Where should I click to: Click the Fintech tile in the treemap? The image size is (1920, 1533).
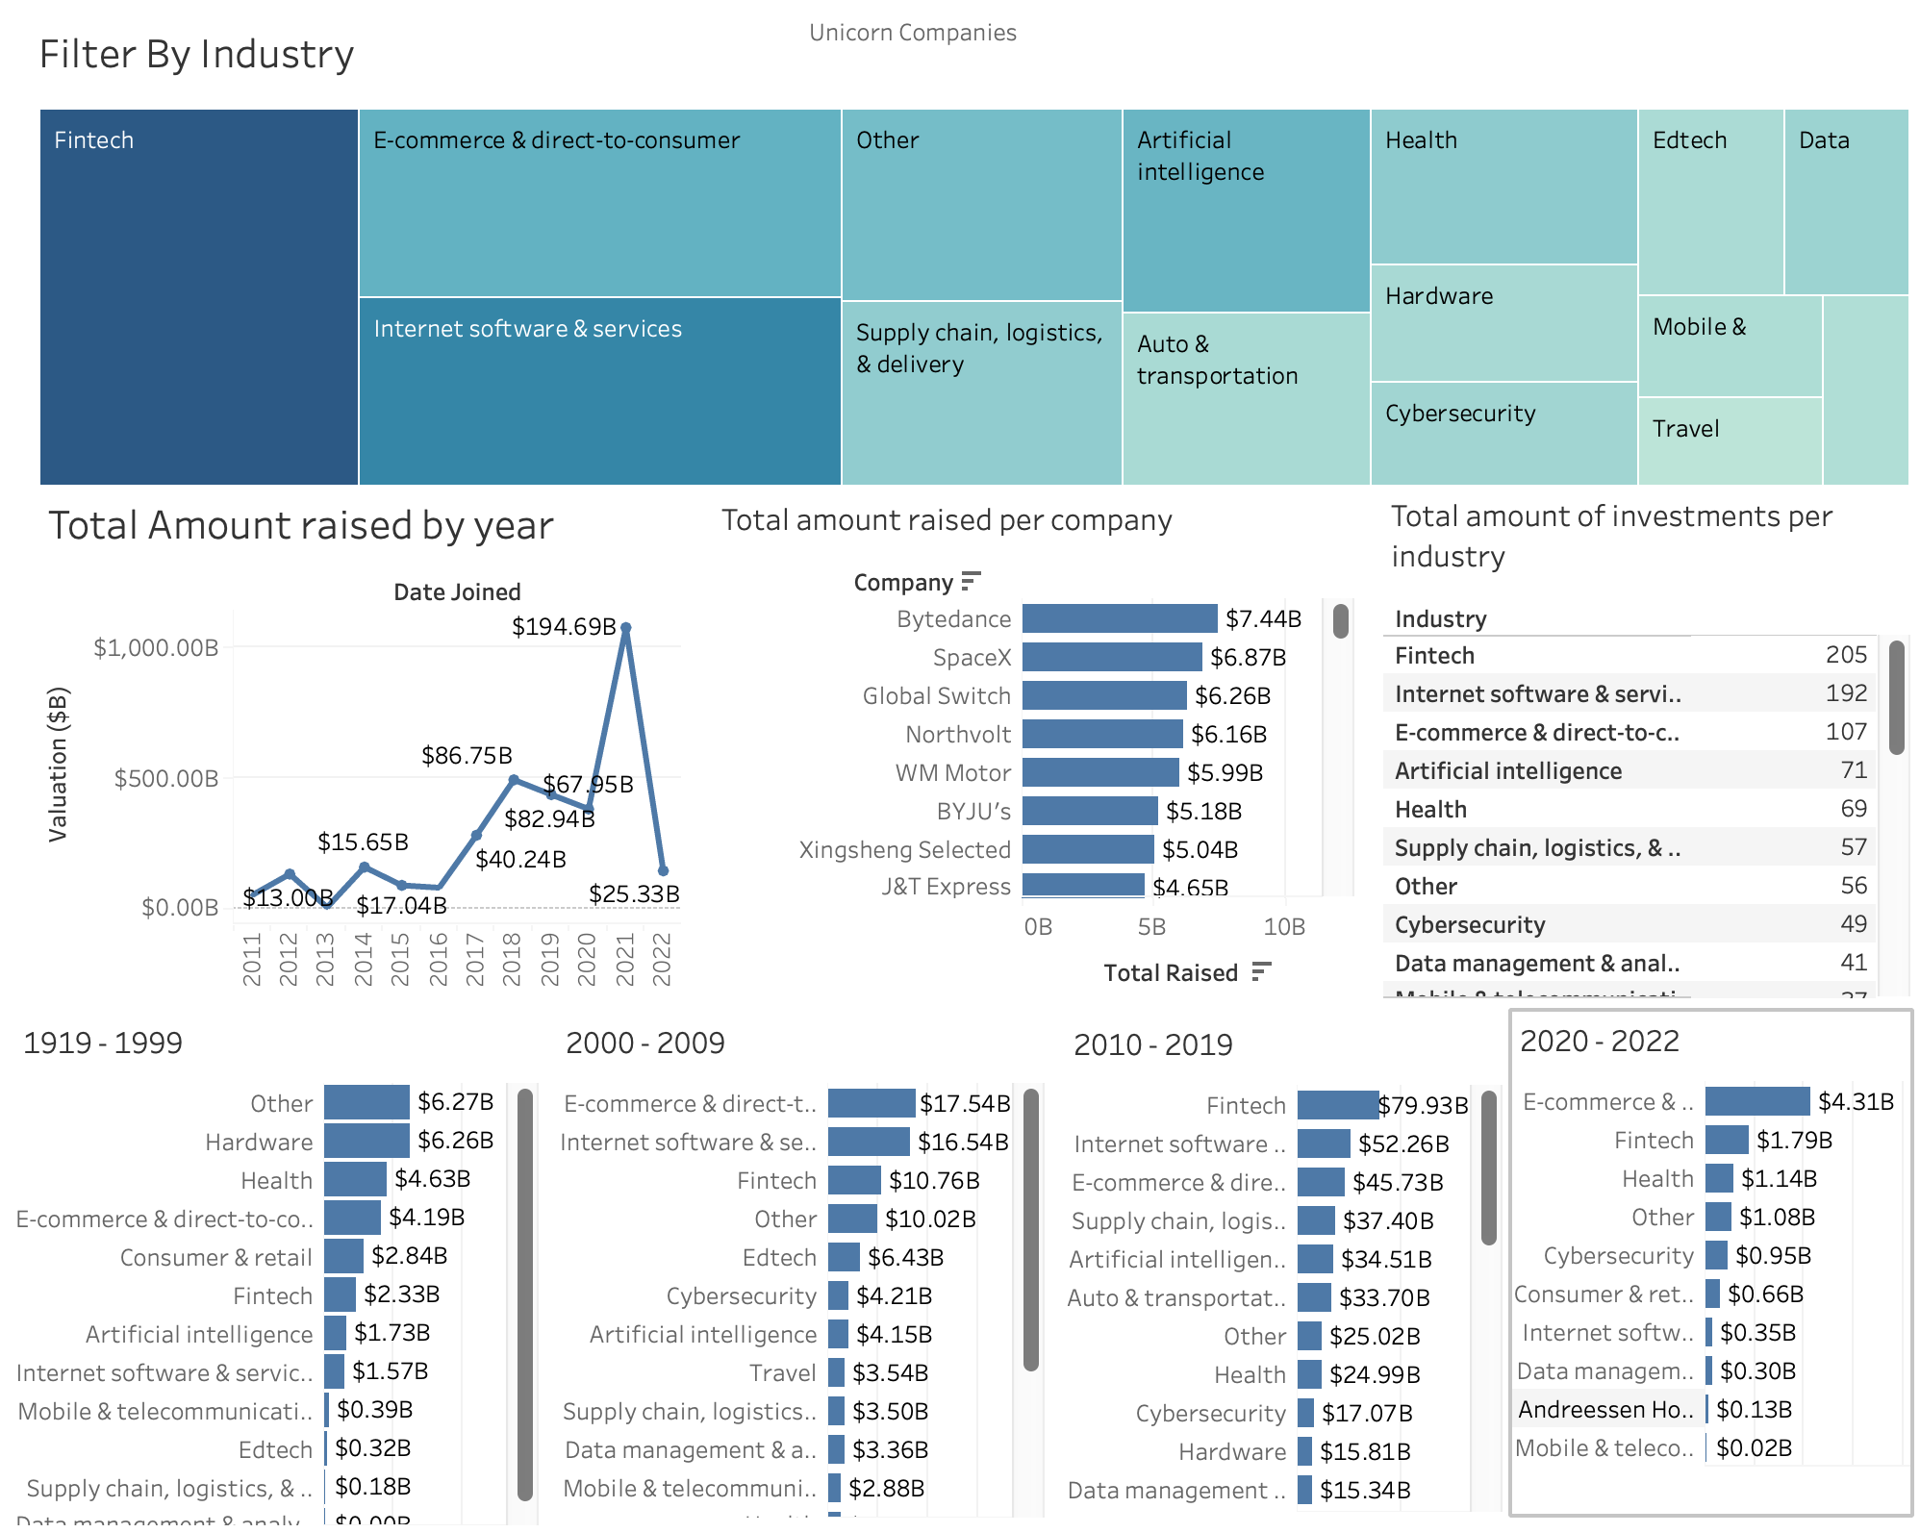point(198,296)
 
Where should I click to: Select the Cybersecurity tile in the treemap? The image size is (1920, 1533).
point(1503,433)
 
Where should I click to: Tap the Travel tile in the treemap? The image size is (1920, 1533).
point(1729,440)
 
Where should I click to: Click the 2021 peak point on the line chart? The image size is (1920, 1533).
point(625,628)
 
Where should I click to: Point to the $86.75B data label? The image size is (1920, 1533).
point(467,756)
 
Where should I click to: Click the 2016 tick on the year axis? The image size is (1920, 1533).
point(438,958)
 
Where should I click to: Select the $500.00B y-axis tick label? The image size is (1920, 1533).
point(166,778)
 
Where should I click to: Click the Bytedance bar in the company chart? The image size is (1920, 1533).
point(1119,618)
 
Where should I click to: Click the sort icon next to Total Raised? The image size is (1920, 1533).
point(1261,972)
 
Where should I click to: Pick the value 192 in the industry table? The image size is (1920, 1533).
point(1845,693)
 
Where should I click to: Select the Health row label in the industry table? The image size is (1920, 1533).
point(1430,810)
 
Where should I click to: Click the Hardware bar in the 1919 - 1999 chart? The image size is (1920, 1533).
point(366,1141)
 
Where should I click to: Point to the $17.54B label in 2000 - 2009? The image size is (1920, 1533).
point(964,1103)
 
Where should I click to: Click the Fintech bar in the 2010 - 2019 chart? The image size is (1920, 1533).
point(1337,1105)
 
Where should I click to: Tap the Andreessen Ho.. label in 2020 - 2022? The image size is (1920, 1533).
point(1604,1410)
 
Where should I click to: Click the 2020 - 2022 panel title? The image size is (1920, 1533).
point(1599,1042)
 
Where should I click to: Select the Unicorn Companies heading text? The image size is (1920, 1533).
point(912,33)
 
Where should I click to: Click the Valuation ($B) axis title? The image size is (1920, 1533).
point(59,765)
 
